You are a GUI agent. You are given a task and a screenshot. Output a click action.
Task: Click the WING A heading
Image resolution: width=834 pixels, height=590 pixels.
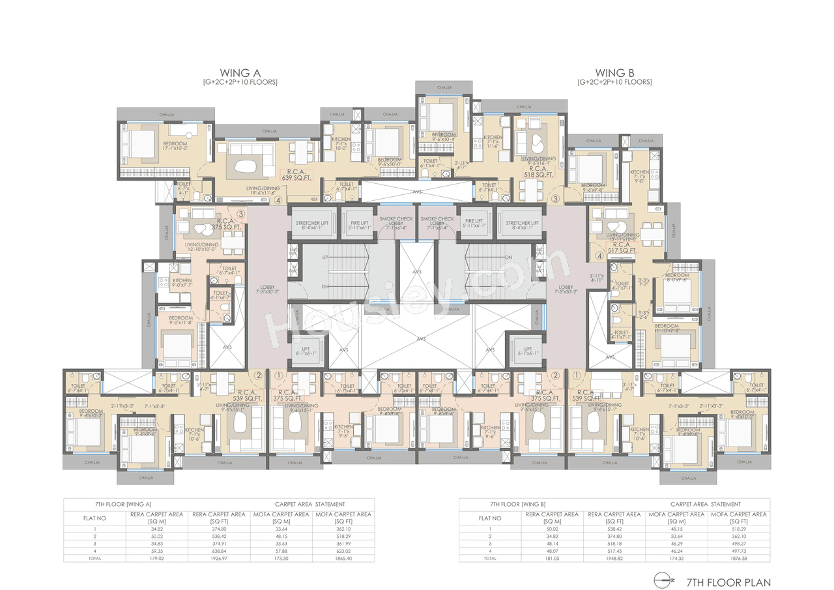pos(240,72)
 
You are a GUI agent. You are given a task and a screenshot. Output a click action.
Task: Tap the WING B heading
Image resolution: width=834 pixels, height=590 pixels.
pos(614,72)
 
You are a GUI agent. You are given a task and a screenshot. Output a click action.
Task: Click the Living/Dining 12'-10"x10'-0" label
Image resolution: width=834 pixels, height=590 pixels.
pos(200,247)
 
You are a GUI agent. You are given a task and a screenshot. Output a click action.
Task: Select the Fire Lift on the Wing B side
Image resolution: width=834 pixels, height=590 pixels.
pos(474,226)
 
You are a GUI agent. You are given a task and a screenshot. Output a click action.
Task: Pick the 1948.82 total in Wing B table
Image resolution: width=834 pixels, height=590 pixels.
pos(614,558)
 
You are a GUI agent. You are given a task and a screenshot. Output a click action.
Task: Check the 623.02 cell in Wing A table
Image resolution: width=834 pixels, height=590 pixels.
pos(343,551)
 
